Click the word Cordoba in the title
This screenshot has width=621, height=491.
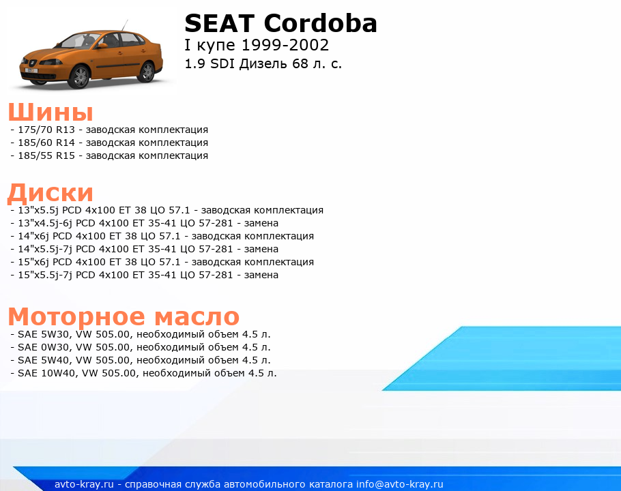(320, 23)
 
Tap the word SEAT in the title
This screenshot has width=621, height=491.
(219, 23)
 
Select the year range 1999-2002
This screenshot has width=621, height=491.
(285, 45)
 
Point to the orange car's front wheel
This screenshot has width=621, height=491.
(79, 76)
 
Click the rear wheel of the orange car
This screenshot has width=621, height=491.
(147, 71)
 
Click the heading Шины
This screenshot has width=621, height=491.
(50, 111)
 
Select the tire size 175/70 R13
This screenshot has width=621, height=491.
(46, 130)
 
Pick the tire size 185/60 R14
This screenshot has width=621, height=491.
(46, 143)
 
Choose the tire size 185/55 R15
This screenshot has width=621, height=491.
(46, 156)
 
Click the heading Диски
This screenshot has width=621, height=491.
(50, 193)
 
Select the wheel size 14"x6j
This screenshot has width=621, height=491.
(33, 236)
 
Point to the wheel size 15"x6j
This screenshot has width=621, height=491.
(33, 263)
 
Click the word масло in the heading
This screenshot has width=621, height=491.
(197, 316)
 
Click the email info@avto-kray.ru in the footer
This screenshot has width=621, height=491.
(400, 484)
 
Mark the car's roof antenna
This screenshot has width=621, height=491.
(125, 25)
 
